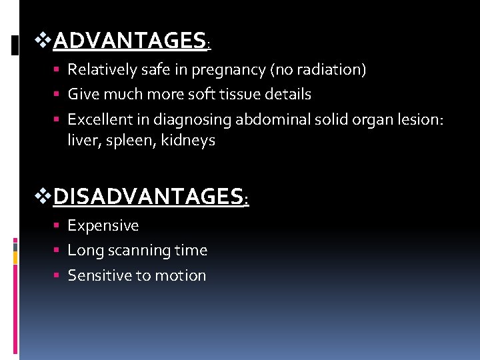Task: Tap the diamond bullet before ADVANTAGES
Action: coord(43,41)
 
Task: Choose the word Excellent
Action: coord(98,119)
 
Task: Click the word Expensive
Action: coord(103,226)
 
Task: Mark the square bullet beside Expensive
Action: coord(59,226)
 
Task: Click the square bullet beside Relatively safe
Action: coord(59,69)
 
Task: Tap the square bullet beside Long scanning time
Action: coord(59,251)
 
